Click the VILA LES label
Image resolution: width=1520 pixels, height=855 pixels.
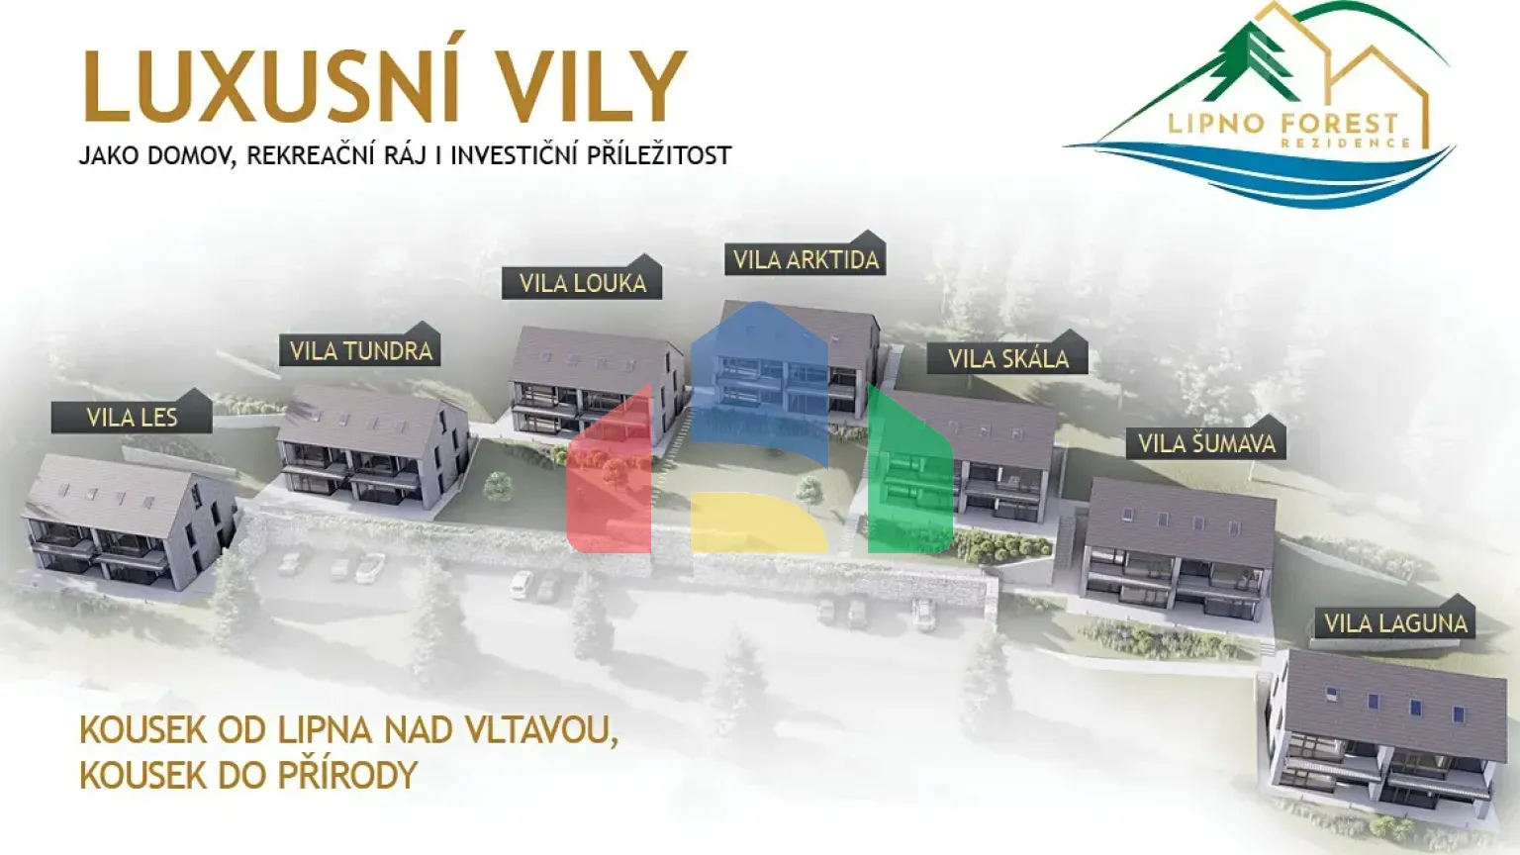(132, 417)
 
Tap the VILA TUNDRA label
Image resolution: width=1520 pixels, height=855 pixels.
(360, 350)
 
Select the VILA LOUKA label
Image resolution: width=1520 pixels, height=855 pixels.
(582, 283)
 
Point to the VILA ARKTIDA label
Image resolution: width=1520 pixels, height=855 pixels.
(806, 259)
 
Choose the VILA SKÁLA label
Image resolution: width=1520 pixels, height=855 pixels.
(1007, 358)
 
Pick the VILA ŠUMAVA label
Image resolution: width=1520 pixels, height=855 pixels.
(1206, 443)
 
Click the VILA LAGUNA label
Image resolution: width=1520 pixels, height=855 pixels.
(1395, 623)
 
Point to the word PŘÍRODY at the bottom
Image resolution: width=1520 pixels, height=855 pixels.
(347, 775)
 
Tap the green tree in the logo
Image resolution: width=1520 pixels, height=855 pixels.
(1252, 59)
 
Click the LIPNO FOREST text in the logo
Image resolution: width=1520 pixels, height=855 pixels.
(1282, 124)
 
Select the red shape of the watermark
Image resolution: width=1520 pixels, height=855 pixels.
(609, 475)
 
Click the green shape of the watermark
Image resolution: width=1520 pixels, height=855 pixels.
(907, 475)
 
